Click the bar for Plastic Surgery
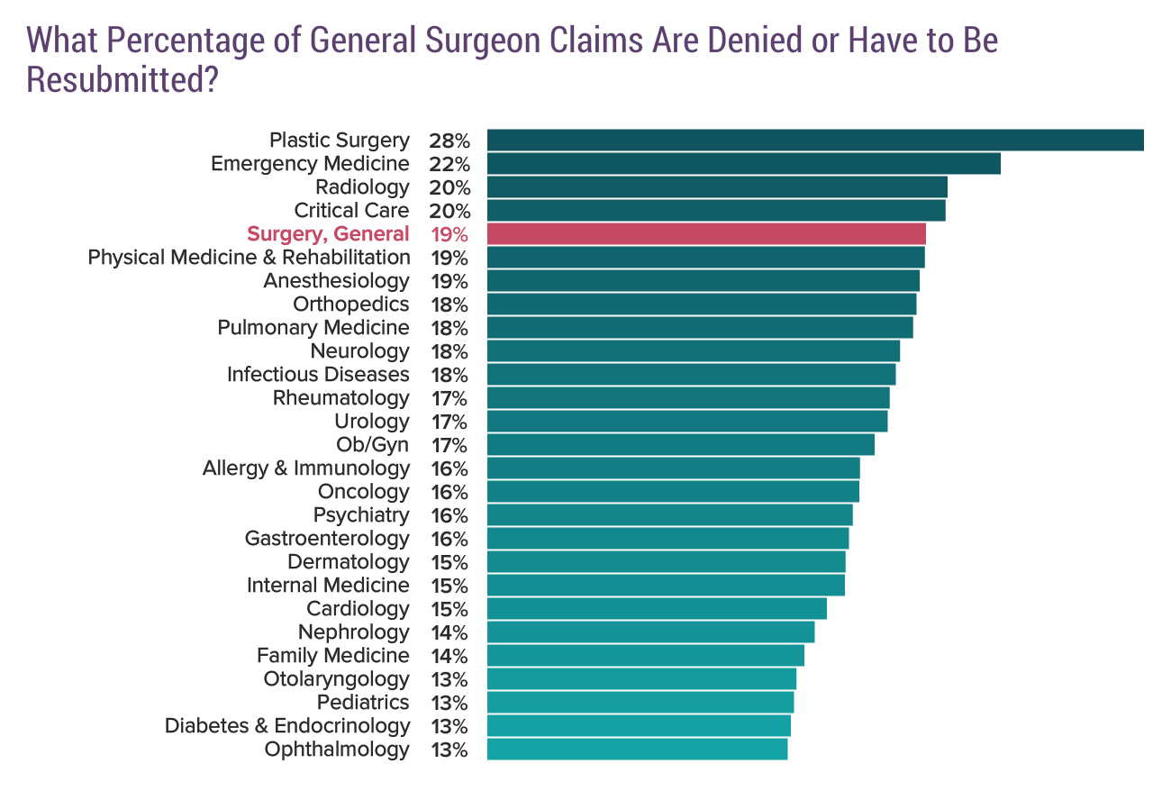tap(814, 141)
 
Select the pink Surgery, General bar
tap(705, 234)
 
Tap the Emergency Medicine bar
tap(743, 164)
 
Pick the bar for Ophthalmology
tap(637, 750)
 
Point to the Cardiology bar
tap(657, 609)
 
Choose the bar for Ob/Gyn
tap(680, 445)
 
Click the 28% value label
tap(449, 141)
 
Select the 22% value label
tap(449, 165)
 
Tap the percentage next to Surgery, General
tap(449, 235)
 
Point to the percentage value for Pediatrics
tap(449, 704)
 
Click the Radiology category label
tap(362, 187)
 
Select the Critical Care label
tap(351, 211)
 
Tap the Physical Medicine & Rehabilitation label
tap(249, 258)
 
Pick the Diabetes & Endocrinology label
tap(287, 726)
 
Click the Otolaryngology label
tap(336, 679)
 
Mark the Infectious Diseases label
tap(318, 375)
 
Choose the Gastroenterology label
tap(327, 539)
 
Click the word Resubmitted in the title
tap(123, 80)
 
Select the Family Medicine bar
tap(645, 656)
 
